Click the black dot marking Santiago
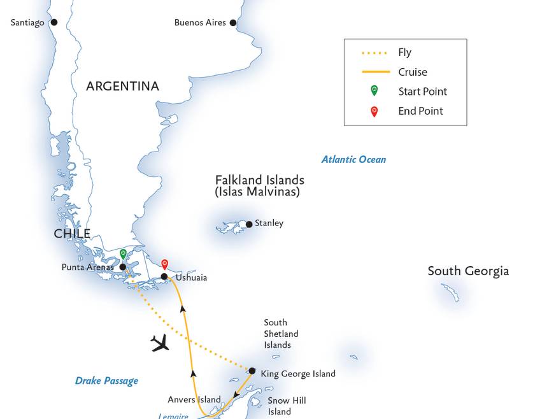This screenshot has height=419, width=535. pos(54,22)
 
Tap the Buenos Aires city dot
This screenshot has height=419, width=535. pos(233,23)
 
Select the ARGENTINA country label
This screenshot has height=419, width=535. pos(123,86)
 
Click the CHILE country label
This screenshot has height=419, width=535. pos(72,234)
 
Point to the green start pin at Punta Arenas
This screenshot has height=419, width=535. pos(123,255)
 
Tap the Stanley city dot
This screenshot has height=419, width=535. pos(249,224)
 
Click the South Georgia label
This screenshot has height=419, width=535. pos(468,271)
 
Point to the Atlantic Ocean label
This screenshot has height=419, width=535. pos(353,160)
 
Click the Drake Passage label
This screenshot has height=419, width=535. pos(106,381)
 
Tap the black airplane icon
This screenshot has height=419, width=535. pos(160,343)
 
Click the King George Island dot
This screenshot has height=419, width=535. pos(252,371)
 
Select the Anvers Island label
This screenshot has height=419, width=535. pos(194,400)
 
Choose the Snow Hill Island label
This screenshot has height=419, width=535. pos(287,406)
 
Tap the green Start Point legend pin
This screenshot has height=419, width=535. pos(374,90)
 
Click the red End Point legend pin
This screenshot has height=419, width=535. pos(374,111)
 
